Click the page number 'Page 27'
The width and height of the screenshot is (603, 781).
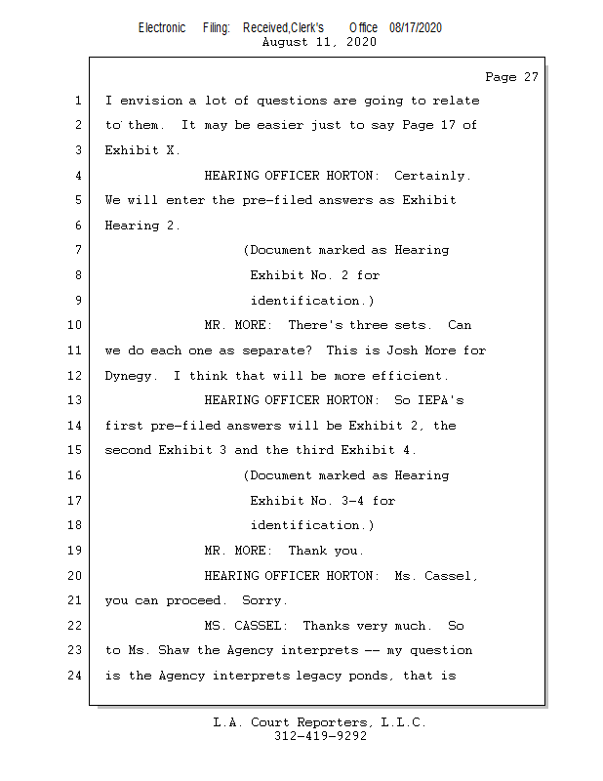pos(511,77)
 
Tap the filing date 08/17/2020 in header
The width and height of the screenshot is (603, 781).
pos(416,27)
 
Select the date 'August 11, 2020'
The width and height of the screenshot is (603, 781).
pos(319,42)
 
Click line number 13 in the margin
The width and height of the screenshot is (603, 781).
pos(74,400)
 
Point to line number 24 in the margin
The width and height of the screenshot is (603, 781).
pos(74,676)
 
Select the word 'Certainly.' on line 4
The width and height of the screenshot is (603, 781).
pos(432,176)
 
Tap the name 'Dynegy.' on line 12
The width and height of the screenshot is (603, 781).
pos(131,376)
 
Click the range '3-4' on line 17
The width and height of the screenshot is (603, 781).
pos(352,501)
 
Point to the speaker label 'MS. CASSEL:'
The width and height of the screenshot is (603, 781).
pos(246,626)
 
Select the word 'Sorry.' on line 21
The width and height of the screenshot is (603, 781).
pos(264,601)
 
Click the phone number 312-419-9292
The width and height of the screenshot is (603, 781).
pos(320,736)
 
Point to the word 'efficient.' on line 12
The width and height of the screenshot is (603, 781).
pos(410,376)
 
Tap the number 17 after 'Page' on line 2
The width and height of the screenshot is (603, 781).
pos(448,125)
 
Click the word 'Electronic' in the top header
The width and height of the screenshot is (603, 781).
pos(162,27)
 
